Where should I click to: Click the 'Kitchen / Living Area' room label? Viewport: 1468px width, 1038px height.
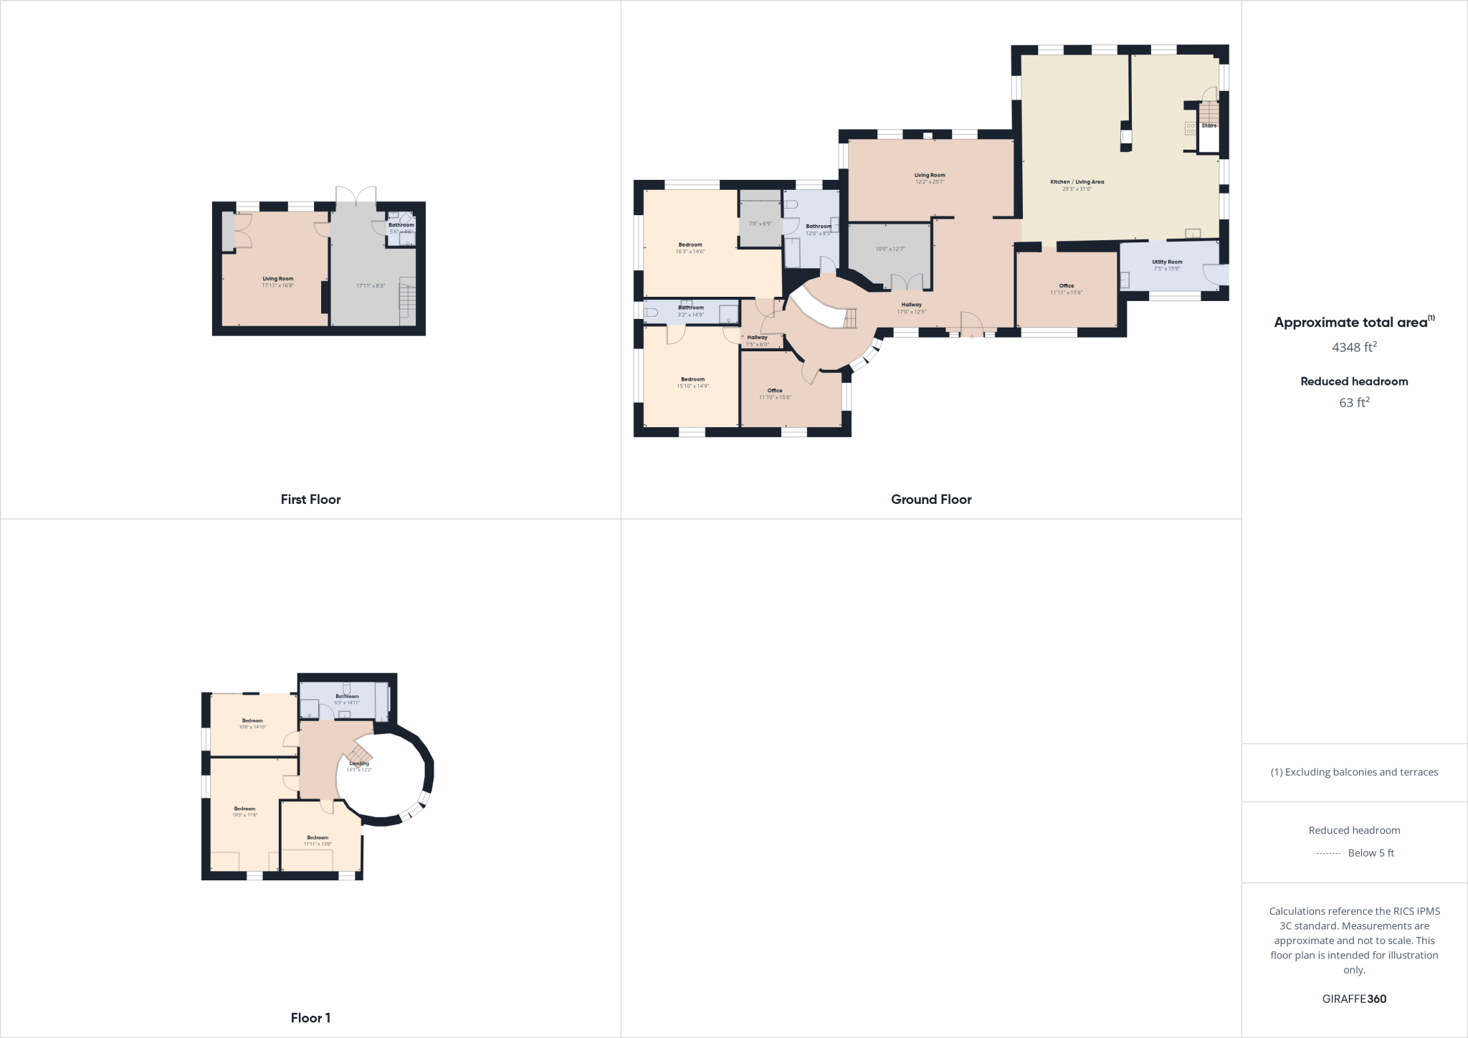(x=1077, y=182)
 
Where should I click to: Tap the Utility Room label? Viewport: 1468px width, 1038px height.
(x=1167, y=262)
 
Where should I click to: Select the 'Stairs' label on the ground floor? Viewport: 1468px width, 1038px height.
(x=1209, y=125)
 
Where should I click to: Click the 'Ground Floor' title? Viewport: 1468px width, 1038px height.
(x=931, y=500)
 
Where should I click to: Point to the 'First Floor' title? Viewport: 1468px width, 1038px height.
(x=310, y=500)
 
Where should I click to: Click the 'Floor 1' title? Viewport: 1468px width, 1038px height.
(x=310, y=1018)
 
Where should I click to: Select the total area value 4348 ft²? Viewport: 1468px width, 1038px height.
(x=1354, y=348)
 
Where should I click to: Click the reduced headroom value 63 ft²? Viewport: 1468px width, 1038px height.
(x=1354, y=403)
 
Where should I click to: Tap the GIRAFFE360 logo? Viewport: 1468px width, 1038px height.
(x=1354, y=999)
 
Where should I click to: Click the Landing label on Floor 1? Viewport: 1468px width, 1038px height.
(x=359, y=763)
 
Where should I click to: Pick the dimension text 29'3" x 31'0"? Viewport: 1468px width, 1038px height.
(x=1077, y=189)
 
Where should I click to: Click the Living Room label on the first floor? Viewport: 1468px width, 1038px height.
(x=277, y=279)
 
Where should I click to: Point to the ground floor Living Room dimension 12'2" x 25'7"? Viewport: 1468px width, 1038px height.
(x=930, y=182)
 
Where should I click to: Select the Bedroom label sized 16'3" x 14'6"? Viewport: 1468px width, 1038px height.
(x=690, y=245)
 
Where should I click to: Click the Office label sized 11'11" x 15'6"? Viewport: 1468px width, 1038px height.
(x=1067, y=286)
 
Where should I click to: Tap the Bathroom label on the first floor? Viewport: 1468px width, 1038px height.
(x=401, y=225)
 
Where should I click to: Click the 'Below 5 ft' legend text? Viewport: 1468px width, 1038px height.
(x=1371, y=853)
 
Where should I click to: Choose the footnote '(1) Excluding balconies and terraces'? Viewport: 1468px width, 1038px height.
(x=1354, y=772)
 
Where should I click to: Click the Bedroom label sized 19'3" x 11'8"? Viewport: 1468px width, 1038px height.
(x=244, y=809)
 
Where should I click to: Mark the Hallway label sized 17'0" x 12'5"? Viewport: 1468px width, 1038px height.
(x=911, y=305)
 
